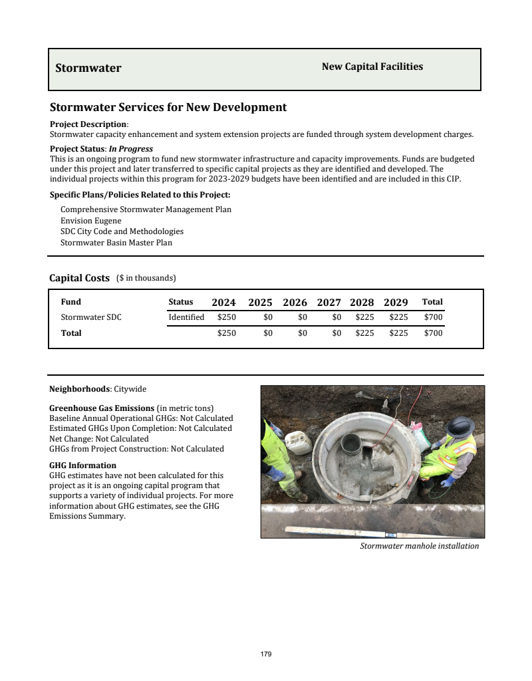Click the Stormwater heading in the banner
click(x=88, y=68)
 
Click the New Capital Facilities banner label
click(x=372, y=67)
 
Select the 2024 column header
click(x=223, y=302)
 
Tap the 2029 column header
click(x=396, y=302)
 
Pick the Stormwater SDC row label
click(x=91, y=317)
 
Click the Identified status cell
click(x=186, y=317)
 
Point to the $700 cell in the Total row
click(x=433, y=333)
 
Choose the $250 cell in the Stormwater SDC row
click(x=227, y=317)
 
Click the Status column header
click(x=181, y=302)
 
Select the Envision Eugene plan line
click(x=91, y=221)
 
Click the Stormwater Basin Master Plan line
click(x=116, y=243)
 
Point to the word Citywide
click(x=130, y=388)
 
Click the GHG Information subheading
click(x=83, y=466)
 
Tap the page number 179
click(x=266, y=654)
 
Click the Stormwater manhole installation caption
click(x=419, y=546)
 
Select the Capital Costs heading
click(x=79, y=278)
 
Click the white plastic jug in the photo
click(x=299, y=443)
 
